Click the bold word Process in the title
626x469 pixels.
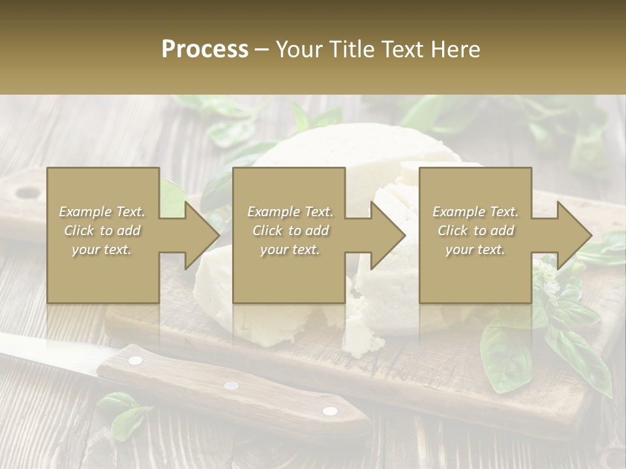click(x=205, y=50)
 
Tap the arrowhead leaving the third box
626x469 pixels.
click(x=573, y=235)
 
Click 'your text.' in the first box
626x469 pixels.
click(x=102, y=249)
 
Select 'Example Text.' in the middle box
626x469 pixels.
click(x=290, y=212)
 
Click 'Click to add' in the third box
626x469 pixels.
click(x=476, y=231)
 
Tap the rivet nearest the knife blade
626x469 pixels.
click(x=136, y=360)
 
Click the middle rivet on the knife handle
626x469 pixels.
click(x=231, y=385)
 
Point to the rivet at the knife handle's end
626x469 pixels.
click(x=330, y=410)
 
